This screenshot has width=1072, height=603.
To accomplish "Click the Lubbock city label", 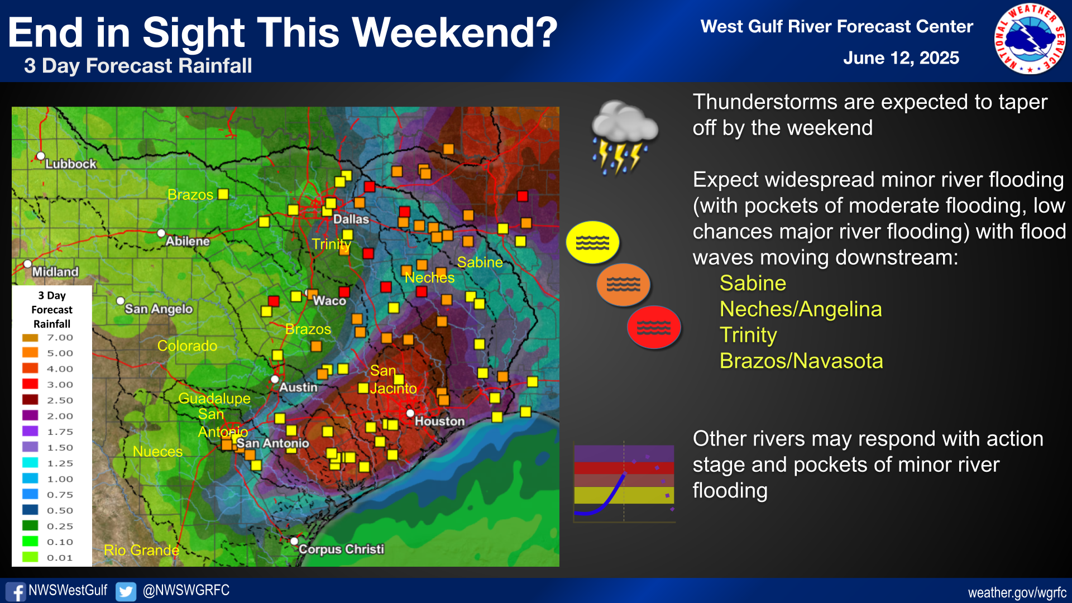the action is click(x=71, y=164).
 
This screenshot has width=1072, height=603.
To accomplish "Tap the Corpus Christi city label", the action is click(x=341, y=549).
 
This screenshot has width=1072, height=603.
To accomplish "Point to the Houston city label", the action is click(x=439, y=421).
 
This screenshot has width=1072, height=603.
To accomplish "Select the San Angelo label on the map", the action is click(x=159, y=309).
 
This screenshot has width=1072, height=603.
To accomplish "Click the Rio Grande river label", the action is click(x=141, y=550).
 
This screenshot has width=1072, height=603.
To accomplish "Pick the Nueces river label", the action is click(x=157, y=451).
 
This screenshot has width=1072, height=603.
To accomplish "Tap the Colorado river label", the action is click(x=187, y=346).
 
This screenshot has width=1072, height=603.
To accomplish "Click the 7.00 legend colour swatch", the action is click(x=30, y=337).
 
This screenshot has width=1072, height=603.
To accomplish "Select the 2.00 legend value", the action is click(x=60, y=416).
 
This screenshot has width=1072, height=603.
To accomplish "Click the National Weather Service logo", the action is click(x=1030, y=39).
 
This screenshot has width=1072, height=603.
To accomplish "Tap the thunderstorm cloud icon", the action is click(x=624, y=137).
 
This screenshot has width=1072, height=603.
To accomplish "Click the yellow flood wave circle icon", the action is click(x=592, y=242).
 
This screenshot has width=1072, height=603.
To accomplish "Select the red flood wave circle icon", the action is click(x=654, y=327).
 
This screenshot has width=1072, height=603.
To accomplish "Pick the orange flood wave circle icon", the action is click(x=623, y=285).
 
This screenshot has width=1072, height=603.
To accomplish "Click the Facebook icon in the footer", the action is click(x=15, y=591).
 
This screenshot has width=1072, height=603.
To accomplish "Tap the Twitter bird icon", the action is click(x=126, y=591).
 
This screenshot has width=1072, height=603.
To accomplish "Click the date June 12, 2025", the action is click(x=901, y=58).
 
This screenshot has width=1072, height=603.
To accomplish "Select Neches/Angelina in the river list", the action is click(x=801, y=309).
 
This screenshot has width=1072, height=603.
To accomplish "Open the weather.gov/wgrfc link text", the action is click(x=1017, y=592).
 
